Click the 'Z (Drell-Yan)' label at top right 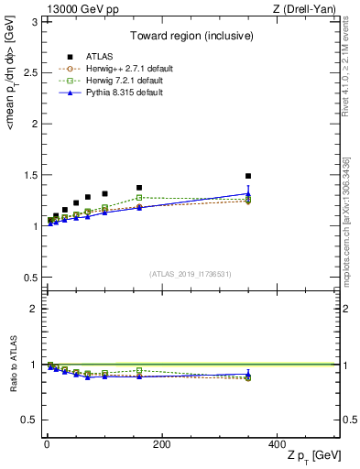point(307,8)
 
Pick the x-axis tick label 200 point(161,444)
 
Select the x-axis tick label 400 point(276,444)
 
